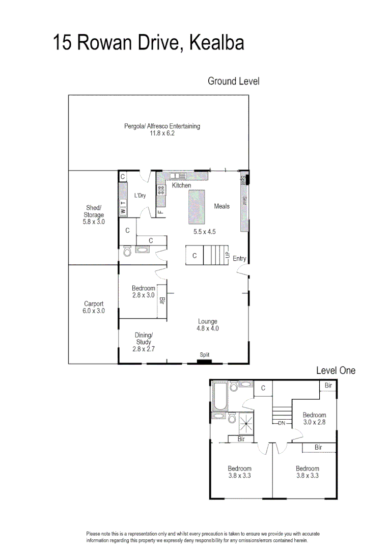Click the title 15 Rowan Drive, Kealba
point(148,43)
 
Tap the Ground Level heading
point(234,81)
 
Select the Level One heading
point(336,370)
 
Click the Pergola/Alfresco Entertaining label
point(162,126)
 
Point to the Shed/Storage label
point(94,211)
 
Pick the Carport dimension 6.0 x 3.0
point(94,311)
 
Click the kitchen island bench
point(197,207)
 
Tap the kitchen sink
point(178,176)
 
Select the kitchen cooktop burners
point(161,190)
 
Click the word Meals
point(221,206)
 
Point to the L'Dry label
point(140,196)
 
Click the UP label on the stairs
point(227,255)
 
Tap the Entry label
point(239,259)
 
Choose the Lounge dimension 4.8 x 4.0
point(208,328)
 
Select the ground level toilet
point(127,251)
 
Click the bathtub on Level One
point(220,396)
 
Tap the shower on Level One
point(246,423)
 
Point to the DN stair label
point(282,423)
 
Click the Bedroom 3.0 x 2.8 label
point(314,419)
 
